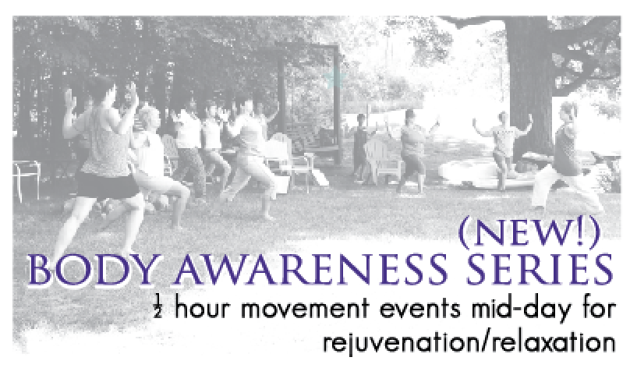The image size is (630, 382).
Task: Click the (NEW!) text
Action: (529, 233)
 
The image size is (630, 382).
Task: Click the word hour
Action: (202, 309)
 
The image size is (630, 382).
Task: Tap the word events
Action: (420, 310)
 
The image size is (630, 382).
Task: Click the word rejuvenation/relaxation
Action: (469, 343)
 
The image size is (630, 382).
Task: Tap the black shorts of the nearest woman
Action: (107, 186)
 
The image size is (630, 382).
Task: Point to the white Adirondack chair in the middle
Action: (381, 161)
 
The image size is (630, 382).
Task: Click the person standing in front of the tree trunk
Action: (502, 149)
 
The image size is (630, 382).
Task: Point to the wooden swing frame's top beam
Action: (307, 46)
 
